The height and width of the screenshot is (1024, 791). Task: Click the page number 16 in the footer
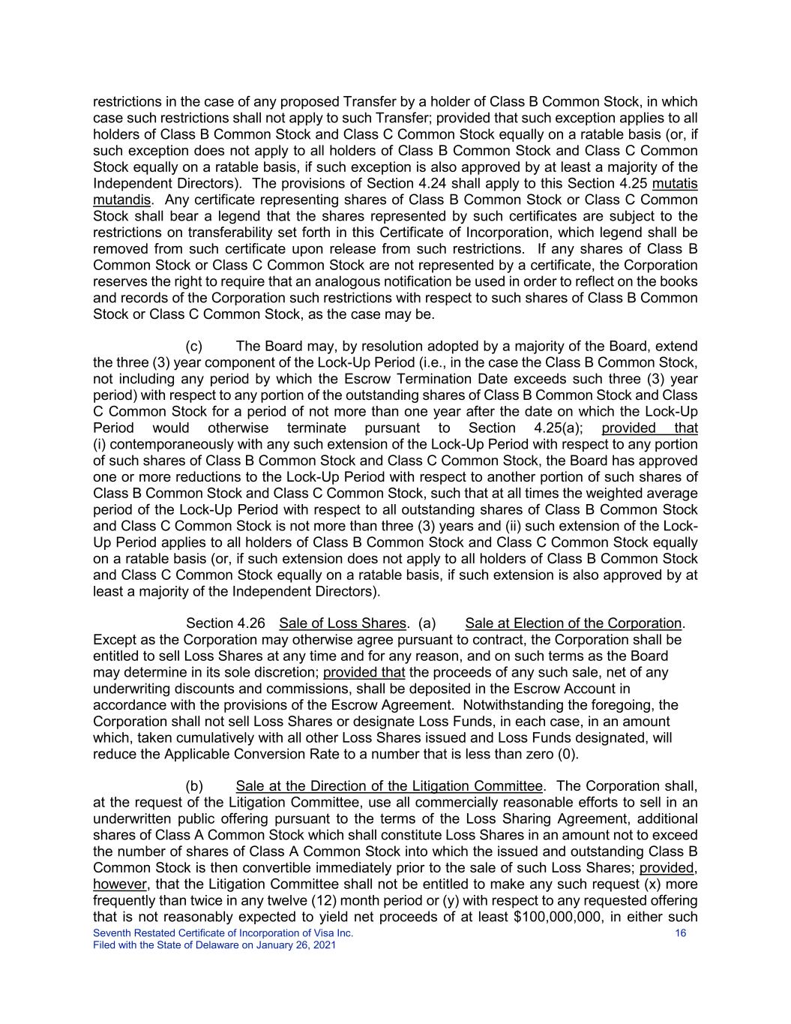point(681,933)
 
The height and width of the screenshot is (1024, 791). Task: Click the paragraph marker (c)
point(194,347)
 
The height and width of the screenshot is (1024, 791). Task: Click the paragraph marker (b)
point(194,786)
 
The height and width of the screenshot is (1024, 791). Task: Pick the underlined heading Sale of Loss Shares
point(342,623)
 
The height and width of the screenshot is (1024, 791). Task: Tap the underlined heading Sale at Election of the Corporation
point(573,623)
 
